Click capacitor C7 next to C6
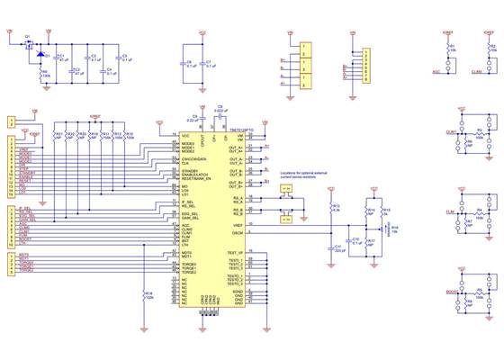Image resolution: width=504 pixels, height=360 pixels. coord(203,64)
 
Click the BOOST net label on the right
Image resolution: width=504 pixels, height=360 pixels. coord(450,293)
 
